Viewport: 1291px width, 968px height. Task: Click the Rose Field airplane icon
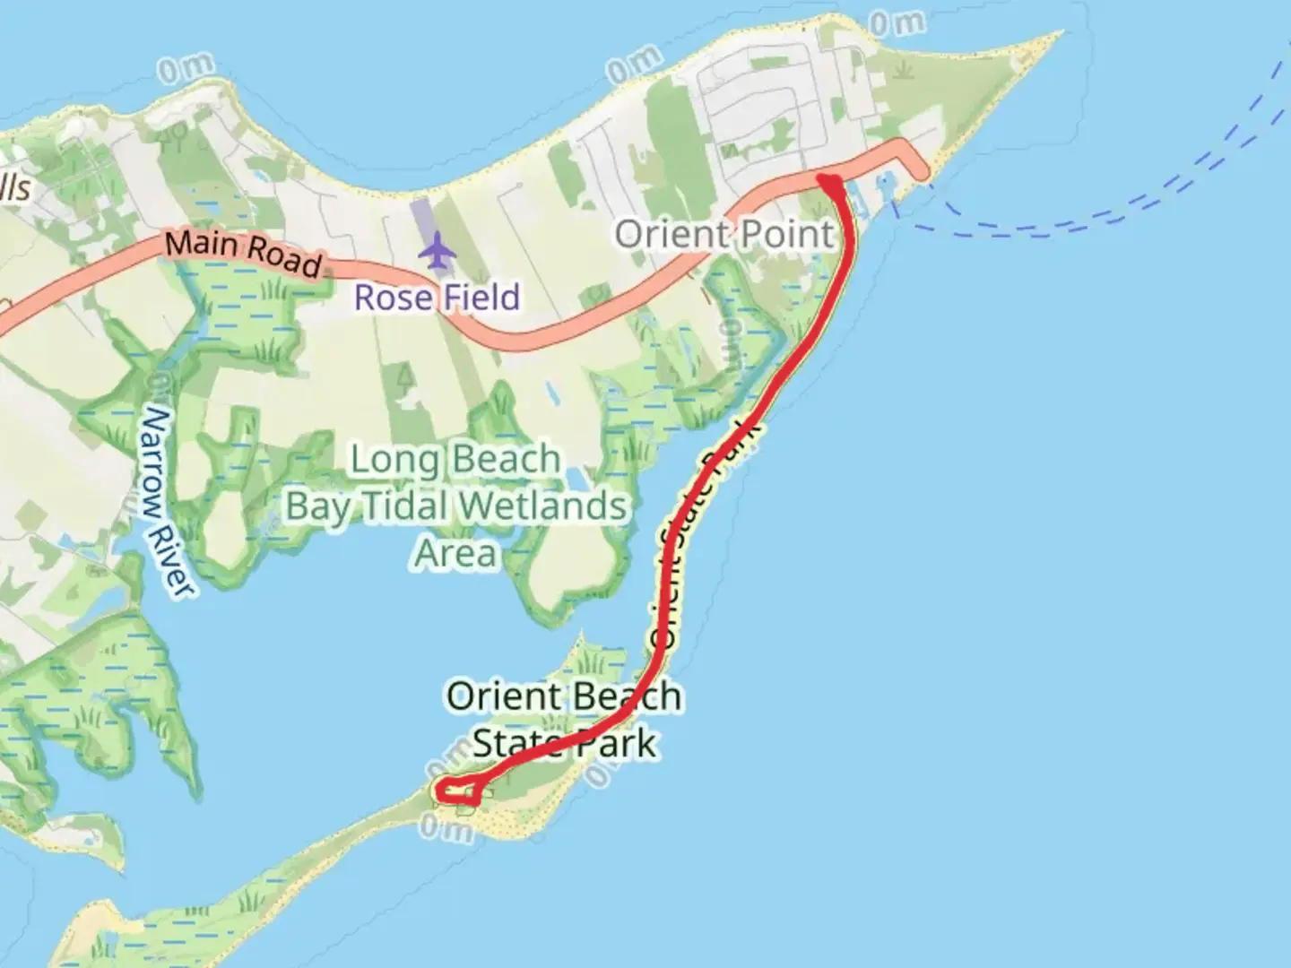(x=437, y=250)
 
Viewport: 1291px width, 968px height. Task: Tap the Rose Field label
(x=437, y=298)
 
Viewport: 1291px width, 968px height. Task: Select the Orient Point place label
(x=724, y=235)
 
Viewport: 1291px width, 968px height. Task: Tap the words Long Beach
(x=455, y=460)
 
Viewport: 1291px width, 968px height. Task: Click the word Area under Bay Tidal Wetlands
(x=455, y=553)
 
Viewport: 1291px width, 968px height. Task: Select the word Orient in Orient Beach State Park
(x=504, y=696)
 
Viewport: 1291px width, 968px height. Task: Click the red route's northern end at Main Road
(x=829, y=183)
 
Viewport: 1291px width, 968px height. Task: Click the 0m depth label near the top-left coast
(x=186, y=68)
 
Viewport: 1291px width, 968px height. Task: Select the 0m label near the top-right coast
(x=897, y=22)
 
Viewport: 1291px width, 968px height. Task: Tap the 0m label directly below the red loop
(x=446, y=829)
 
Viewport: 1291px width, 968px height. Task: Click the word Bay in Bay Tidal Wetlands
(x=318, y=506)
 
